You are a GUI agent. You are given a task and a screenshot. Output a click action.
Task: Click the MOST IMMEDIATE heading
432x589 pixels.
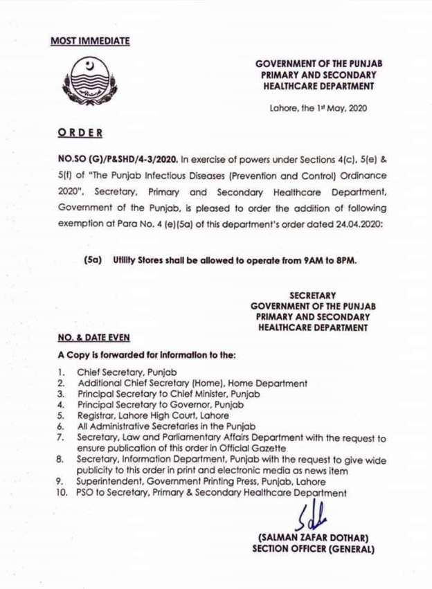tap(90, 41)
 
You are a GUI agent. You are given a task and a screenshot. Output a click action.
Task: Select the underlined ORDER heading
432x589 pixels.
tap(80, 132)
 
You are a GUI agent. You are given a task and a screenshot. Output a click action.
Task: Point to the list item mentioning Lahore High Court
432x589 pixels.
tap(152, 416)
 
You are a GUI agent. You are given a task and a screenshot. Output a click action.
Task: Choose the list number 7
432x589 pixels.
tap(61, 438)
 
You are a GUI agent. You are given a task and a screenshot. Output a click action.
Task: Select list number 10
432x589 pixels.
tap(62, 493)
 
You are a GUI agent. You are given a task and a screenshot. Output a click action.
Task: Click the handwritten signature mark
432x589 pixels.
tap(312, 517)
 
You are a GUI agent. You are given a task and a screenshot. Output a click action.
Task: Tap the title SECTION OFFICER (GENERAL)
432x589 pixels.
tap(313, 550)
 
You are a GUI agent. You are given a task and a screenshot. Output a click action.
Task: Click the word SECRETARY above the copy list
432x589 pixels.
tap(312, 296)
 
